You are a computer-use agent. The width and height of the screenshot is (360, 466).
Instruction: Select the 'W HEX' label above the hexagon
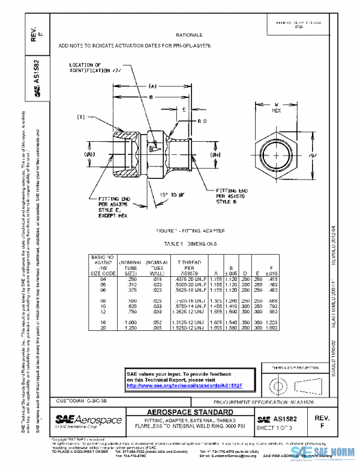pos(277,107)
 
